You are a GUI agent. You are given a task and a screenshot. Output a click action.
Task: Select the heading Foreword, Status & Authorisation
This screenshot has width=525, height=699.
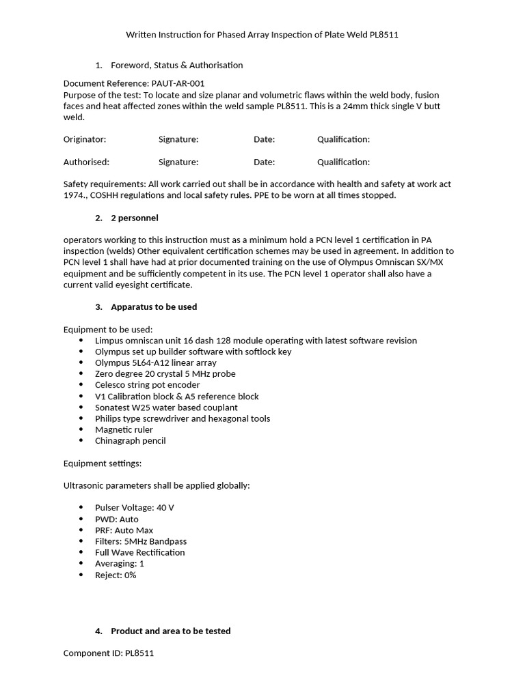(176, 66)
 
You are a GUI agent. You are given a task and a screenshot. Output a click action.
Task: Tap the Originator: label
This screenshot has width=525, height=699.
(85, 139)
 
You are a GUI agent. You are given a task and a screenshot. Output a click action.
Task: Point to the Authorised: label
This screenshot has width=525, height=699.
(86, 162)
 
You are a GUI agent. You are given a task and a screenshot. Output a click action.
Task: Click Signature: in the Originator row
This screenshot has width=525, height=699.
(178, 139)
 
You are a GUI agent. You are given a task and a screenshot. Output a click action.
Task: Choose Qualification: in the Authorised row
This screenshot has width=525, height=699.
(343, 162)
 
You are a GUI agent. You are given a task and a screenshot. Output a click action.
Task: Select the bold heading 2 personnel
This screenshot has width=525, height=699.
(134, 218)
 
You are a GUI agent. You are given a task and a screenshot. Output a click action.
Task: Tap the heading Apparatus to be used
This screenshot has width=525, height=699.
(154, 307)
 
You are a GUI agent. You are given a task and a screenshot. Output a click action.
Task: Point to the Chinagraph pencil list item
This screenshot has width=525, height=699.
(131, 441)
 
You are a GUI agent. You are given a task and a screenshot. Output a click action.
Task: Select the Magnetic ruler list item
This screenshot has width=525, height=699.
(124, 429)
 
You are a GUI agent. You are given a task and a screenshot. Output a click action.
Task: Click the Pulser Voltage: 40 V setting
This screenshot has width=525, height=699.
(130, 508)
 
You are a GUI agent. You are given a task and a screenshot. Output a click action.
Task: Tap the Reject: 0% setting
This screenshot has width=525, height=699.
(116, 575)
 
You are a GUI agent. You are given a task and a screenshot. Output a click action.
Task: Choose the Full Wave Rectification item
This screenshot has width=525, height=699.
(140, 552)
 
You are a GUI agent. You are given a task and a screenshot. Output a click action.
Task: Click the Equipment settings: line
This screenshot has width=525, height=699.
(103, 463)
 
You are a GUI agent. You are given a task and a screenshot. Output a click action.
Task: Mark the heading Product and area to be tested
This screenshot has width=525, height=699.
(170, 631)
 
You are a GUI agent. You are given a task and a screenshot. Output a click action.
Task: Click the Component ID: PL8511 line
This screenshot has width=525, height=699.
(109, 653)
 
